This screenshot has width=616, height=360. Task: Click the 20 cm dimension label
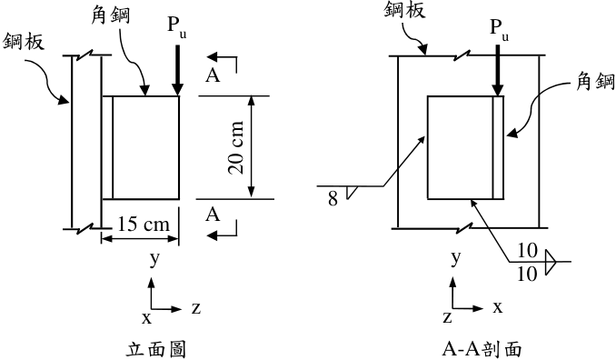point(235,147)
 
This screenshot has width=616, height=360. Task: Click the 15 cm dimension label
point(144,225)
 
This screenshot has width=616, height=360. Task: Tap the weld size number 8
point(333,198)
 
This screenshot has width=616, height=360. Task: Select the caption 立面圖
point(156,349)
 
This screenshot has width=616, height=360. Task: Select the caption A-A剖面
point(482,349)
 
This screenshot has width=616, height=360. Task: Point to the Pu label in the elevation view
point(177,26)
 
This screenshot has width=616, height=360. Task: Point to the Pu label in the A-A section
point(499,30)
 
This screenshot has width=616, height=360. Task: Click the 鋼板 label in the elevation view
point(24,41)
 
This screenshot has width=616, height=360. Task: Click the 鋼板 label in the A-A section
point(404,9)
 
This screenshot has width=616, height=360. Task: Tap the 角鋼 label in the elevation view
point(111,15)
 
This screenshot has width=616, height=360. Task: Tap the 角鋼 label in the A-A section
point(595,82)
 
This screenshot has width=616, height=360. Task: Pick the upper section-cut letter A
point(213,75)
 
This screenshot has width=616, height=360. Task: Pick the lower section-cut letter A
point(213,215)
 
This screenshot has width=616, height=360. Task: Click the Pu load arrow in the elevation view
point(177,70)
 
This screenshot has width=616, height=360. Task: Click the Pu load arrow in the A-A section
point(498,70)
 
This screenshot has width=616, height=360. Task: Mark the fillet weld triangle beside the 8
point(351,192)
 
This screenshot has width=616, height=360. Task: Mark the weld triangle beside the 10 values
point(551,262)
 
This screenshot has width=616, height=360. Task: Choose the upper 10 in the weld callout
point(527,251)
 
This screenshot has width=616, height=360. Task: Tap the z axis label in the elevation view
point(196,308)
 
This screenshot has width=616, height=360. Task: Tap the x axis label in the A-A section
point(498,307)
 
